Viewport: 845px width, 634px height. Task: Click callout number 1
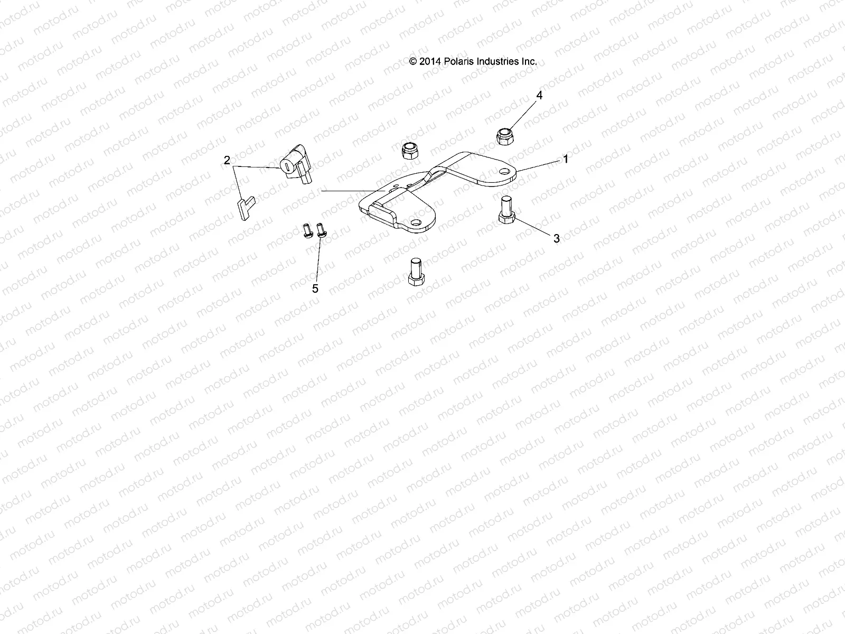coord(566,158)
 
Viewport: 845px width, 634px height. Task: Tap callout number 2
coord(227,160)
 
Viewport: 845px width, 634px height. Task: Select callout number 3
coord(556,239)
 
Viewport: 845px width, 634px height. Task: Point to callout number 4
coord(539,96)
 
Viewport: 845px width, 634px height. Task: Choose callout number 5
coord(315,288)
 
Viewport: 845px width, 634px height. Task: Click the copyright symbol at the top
coord(414,61)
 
